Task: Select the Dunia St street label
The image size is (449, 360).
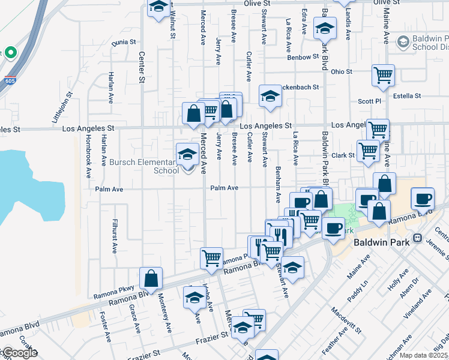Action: point(124,42)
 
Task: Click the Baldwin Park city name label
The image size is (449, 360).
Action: point(381,242)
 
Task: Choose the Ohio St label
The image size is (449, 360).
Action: point(341,71)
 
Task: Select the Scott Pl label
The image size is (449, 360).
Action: point(369,101)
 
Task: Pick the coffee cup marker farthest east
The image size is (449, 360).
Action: point(423,198)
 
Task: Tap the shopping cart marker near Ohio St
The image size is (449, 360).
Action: point(383,76)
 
